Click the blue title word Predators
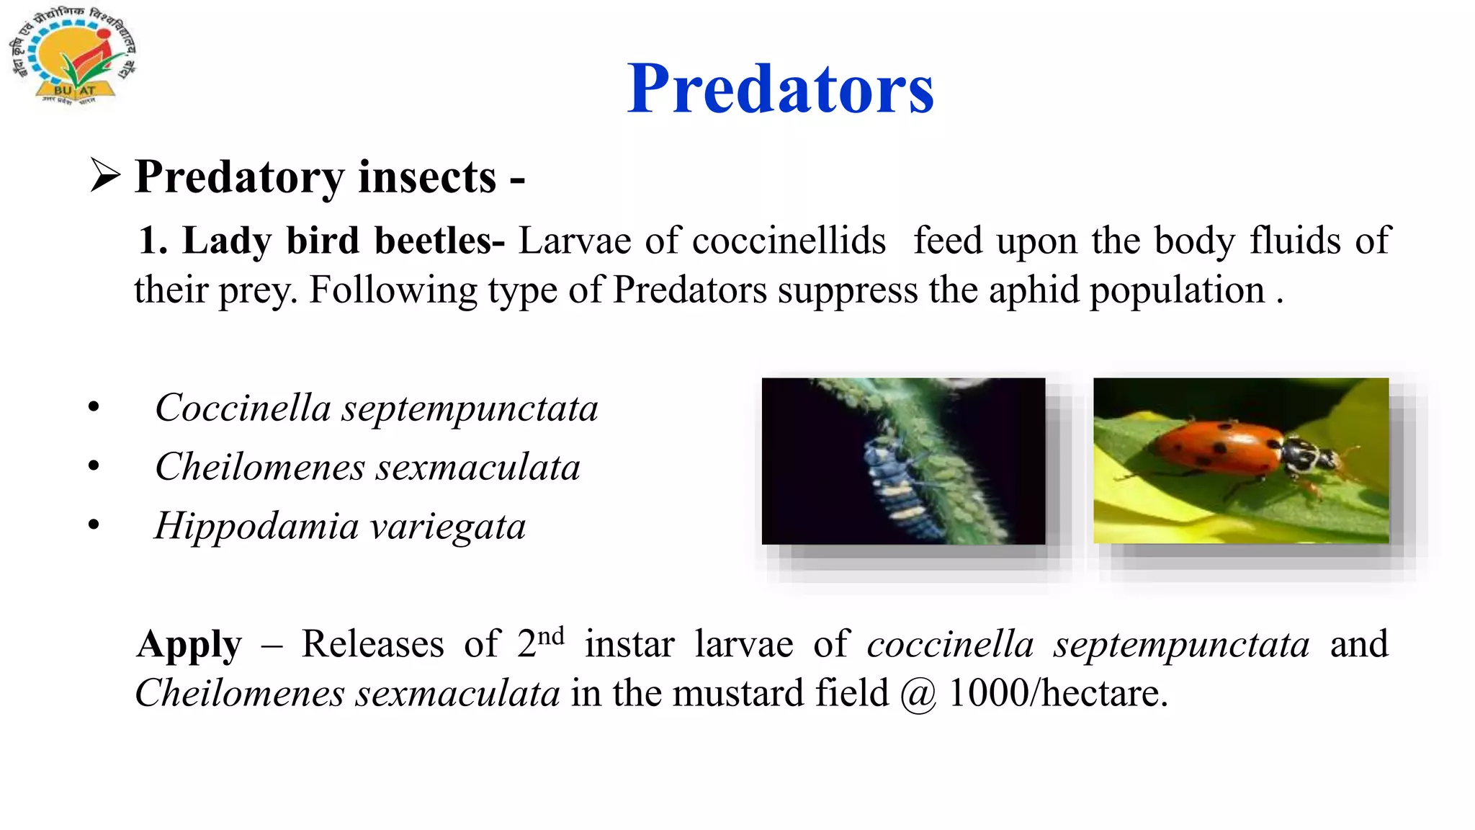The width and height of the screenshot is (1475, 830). pyautogui.click(x=780, y=89)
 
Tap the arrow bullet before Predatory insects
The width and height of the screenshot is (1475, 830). pyautogui.click(x=105, y=175)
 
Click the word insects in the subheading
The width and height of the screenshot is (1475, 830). pyautogui.click(x=427, y=177)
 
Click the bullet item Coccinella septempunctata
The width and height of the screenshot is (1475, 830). pyautogui.click(x=376, y=408)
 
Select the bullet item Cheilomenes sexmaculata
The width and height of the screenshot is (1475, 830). pyautogui.click(x=367, y=467)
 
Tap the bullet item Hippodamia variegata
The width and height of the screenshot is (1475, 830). pyautogui.click(x=340, y=526)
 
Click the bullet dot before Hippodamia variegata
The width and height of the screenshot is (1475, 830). pyautogui.click(x=94, y=525)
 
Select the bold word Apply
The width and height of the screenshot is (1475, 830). pyautogui.click(x=189, y=645)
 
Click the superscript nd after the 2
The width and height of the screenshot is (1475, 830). pyautogui.click(x=551, y=635)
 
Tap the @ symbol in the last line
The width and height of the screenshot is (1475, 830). pyautogui.click(x=918, y=695)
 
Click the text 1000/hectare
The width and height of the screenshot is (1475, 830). pyautogui.click(x=1058, y=693)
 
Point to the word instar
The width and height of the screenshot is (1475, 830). pyautogui.click(x=629, y=644)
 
